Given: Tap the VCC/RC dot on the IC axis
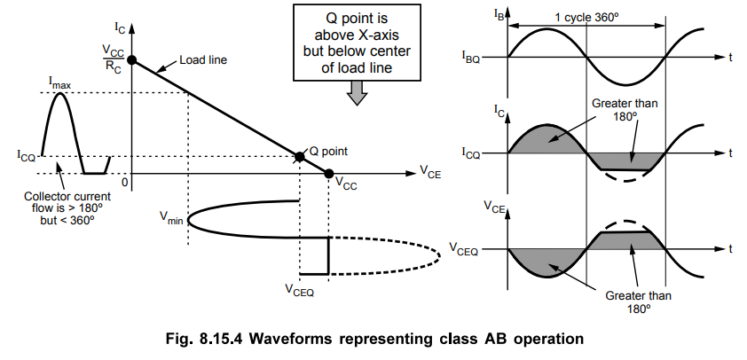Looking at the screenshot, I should pos(132,60).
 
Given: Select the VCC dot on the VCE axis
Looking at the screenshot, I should pos(329,173).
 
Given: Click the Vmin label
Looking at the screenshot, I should pos(171,218).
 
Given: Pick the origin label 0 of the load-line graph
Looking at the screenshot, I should pos(125,182).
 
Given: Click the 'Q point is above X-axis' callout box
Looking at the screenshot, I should pos(356,40).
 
